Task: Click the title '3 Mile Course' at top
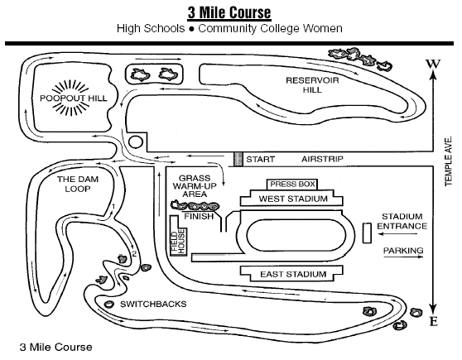point(229,12)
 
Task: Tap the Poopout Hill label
point(74,98)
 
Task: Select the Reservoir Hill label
point(312,85)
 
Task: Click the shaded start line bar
point(238,159)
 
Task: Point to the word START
point(260,160)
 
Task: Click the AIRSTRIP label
point(322,159)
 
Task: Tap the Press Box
point(292,185)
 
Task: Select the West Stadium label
point(293,199)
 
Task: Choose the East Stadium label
point(293,274)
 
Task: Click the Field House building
point(178,237)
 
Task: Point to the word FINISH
point(199,217)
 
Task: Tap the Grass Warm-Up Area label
point(195,186)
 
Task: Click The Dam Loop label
point(78,184)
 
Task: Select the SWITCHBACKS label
point(153,304)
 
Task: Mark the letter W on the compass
point(433,64)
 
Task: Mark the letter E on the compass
point(433,321)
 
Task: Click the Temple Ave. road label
point(448,161)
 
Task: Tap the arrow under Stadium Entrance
point(397,234)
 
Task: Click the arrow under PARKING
point(403,257)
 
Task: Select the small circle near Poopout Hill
point(136,142)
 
